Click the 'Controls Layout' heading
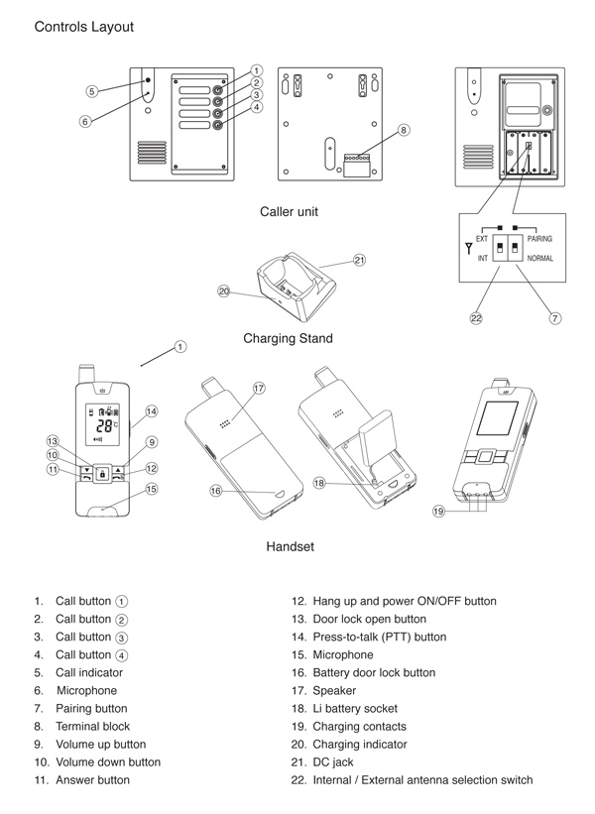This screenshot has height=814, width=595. click(x=84, y=27)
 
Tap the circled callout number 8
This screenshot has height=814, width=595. click(x=404, y=130)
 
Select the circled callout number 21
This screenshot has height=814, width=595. click(x=359, y=261)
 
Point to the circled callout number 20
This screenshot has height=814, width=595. click(x=224, y=291)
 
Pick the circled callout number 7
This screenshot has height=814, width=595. click(x=554, y=318)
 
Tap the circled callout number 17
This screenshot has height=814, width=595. click(x=259, y=389)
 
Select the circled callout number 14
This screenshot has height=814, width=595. click(x=152, y=410)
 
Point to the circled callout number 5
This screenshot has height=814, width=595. click(x=91, y=90)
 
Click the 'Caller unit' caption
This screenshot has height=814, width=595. click(x=290, y=211)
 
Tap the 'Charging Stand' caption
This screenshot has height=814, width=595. click(x=288, y=338)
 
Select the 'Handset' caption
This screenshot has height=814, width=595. click(x=290, y=546)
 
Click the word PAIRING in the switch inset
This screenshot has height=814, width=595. click(x=540, y=239)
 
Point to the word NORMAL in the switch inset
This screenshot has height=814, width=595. click(x=540, y=258)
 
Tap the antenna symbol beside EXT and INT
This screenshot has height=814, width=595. click(x=467, y=248)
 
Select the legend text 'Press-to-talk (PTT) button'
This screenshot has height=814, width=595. click(x=379, y=637)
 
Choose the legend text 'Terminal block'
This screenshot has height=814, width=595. click(x=92, y=726)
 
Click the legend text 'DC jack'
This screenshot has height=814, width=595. click(x=335, y=761)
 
